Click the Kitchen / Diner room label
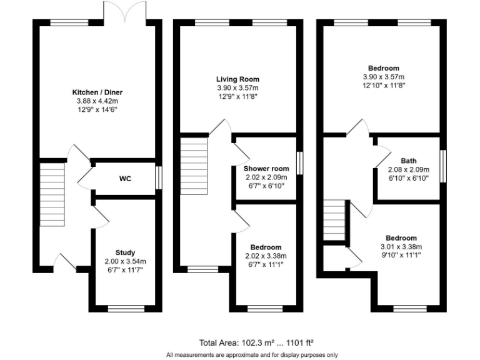pos(97,92)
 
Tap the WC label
pos(125,179)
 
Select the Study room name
pos(125,252)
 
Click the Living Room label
pos(237,79)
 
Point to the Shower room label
pos(266,168)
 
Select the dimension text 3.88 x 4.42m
pos(97,101)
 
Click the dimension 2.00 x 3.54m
pos(125,261)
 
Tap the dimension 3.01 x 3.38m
pos(401,246)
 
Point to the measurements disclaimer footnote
pos(252,354)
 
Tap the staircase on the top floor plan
pos(336,220)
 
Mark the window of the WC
pos(158,177)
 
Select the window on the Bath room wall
pos(444,166)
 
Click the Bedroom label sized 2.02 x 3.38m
pos(266,247)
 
